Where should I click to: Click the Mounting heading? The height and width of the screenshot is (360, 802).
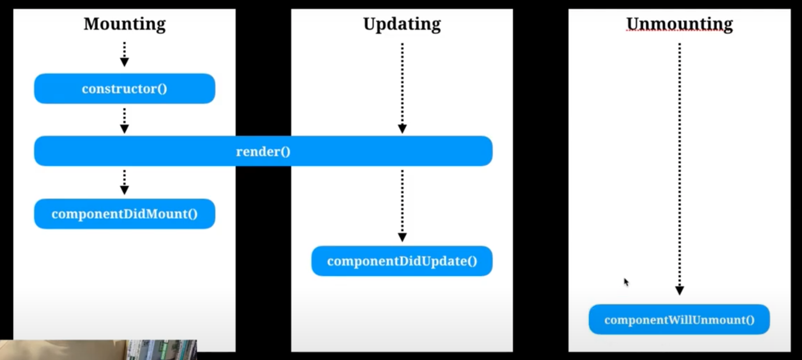[125, 24]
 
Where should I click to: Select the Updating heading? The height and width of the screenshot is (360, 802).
[402, 24]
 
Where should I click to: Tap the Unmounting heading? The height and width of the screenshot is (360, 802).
[679, 24]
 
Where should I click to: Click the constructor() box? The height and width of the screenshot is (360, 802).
[125, 89]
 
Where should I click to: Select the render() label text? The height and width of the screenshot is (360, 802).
[263, 152]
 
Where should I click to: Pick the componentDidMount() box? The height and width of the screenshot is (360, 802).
[125, 214]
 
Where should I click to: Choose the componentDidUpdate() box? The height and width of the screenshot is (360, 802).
[402, 261]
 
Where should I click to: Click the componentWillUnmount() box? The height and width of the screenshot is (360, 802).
[679, 319]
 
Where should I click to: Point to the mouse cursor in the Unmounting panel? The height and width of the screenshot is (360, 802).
[626, 282]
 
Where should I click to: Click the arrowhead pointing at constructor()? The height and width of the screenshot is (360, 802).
[125, 62]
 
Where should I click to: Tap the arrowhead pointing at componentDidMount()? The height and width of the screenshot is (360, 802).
[125, 190]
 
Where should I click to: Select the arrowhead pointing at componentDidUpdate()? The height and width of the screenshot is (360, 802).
[402, 237]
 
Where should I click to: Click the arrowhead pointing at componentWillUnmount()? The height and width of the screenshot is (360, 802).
[679, 290]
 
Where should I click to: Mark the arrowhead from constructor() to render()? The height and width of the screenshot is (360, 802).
[125, 128]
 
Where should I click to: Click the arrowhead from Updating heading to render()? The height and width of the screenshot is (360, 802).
[402, 128]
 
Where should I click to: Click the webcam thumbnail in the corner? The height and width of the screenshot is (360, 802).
[98, 350]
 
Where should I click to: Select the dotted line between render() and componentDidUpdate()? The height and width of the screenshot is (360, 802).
[402, 201]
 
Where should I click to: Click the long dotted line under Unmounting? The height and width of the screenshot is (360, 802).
[679, 164]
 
